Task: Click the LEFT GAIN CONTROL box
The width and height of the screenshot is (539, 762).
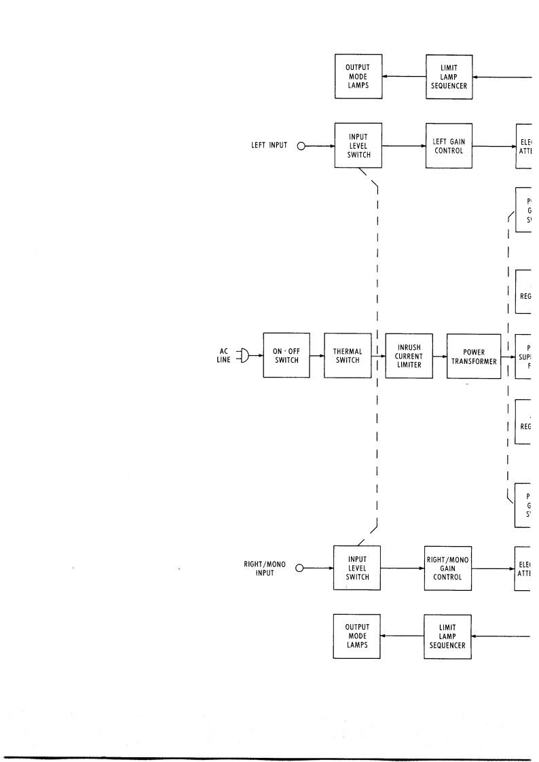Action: click(447, 145)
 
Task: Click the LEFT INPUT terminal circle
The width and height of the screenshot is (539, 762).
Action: click(301, 145)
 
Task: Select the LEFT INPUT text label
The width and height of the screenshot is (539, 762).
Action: click(267, 145)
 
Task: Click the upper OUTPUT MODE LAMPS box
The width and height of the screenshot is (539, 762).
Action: click(357, 77)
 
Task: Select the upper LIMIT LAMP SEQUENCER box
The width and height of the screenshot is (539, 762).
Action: click(447, 77)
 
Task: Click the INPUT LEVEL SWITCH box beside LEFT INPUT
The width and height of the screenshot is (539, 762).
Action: click(357, 145)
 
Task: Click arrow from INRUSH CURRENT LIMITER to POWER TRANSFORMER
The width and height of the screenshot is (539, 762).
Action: click(440, 355)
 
